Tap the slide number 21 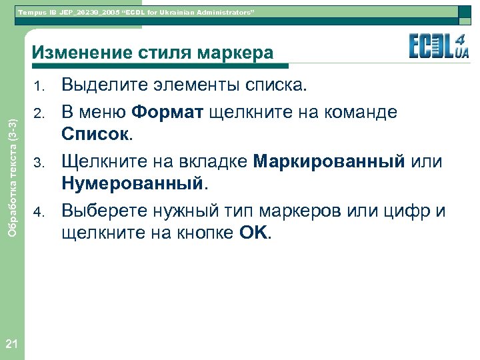pos(11,344)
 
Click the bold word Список pos(96,137)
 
